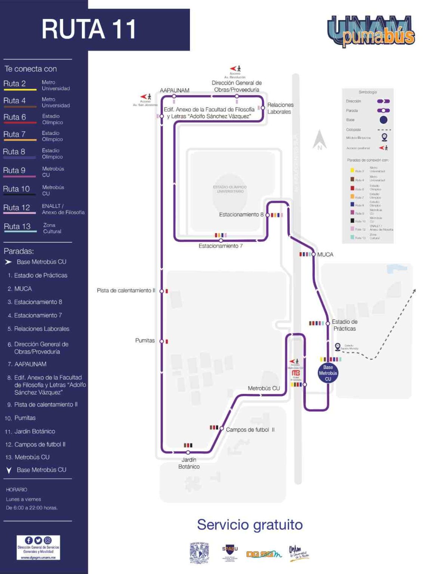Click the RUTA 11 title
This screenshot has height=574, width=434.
[89, 29]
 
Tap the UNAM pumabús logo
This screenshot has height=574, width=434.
[371, 31]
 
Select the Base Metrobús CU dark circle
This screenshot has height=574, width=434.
[328, 373]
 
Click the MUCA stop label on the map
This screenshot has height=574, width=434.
[325, 254]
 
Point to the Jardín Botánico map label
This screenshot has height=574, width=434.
[189, 463]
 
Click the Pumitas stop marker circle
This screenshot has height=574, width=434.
[162, 341]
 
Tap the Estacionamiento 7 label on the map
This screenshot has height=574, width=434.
[221, 246]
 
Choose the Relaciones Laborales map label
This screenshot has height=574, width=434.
[280, 108]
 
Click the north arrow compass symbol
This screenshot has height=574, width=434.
[320, 140]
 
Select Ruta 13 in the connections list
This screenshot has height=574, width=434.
[17, 226]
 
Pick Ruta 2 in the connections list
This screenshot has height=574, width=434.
[15, 84]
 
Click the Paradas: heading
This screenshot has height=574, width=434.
[19, 251]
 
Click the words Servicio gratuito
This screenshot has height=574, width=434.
[250, 525]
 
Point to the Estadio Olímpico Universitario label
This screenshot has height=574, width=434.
[230, 189]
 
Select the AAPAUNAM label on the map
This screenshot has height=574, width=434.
[175, 90]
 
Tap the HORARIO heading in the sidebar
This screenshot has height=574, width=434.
[16, 490]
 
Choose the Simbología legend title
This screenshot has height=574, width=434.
[367, 92]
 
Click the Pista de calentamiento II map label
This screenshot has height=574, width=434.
[126, 290]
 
